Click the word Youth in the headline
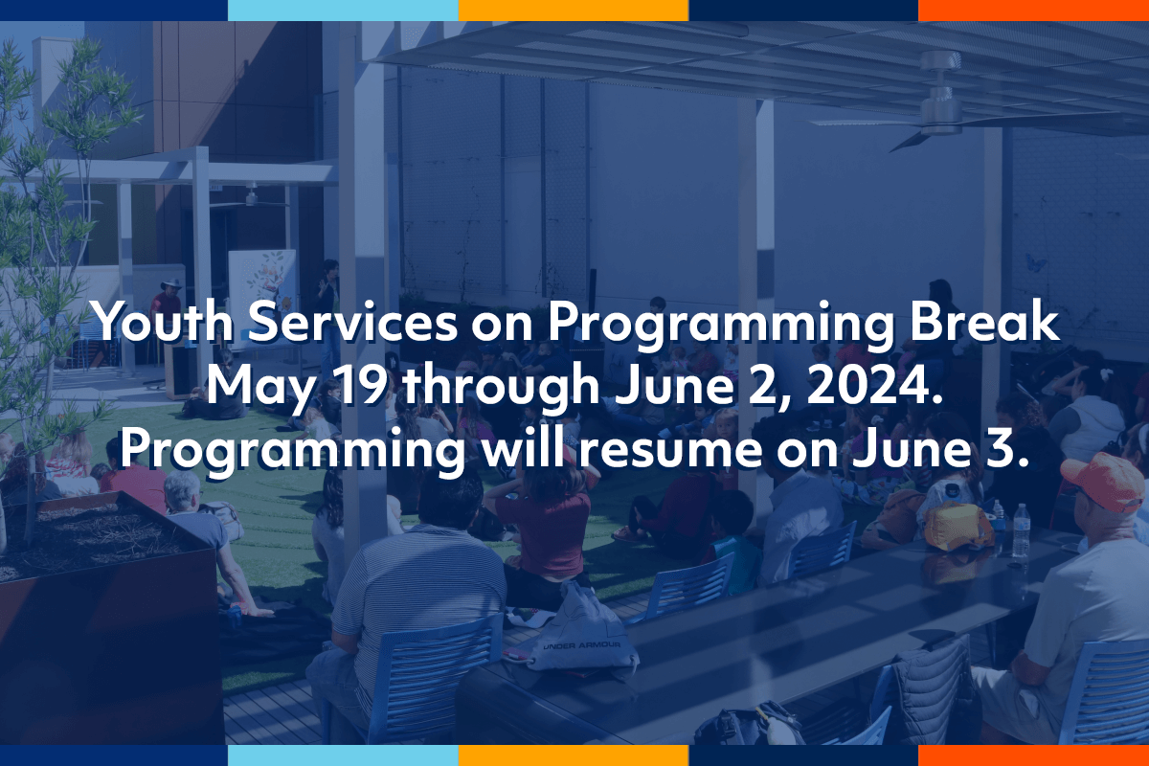point(163,322)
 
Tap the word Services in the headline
point(352,322)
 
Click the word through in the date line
point(501,389)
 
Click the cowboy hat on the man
point(171,284)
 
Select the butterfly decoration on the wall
point(1035,262)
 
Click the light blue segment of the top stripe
point(343,11)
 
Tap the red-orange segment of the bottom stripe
point(1033,755)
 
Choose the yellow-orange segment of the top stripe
point(574,11)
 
